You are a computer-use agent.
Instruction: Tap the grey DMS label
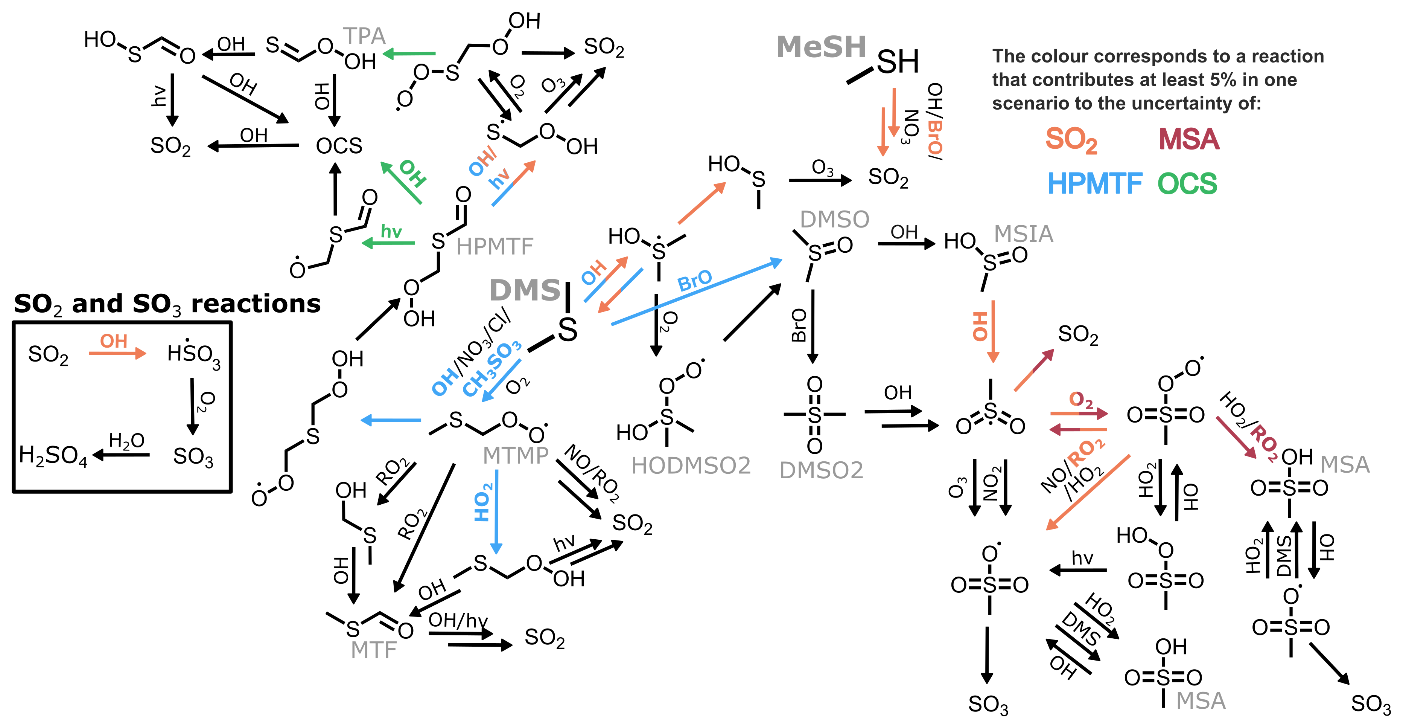(x=525, y=290)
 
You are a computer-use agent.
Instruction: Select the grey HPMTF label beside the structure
(x=495, y=247)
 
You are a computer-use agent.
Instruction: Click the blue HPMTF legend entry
(x=1095, y=184)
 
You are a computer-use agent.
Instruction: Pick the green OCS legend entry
(x=1187, y=184)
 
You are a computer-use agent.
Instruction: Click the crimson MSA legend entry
(x=1189, y=139)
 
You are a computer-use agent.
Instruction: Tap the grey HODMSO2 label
(x=691, y=466)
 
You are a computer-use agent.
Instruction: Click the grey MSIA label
(x=1023, y=234)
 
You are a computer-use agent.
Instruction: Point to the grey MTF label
(x=374, y=650)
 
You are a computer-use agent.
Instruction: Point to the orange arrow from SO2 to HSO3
(x=117, y=354)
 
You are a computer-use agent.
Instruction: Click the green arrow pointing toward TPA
(x=409, y=53)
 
